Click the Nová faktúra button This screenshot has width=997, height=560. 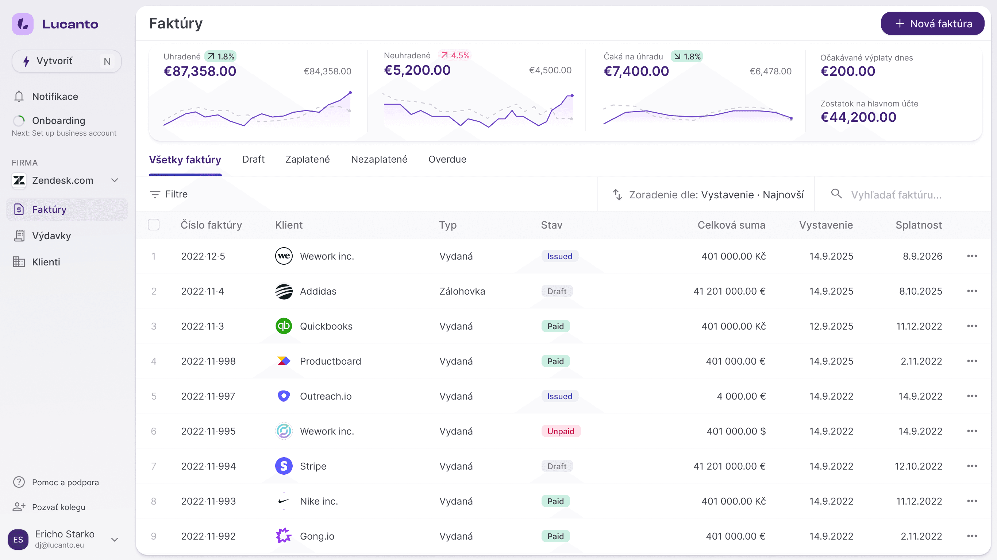click(x=932, y=24)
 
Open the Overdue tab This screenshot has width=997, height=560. click(x=447, y=159)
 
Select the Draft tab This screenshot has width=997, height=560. click(x=253, y=159)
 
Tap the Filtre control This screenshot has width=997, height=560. click(x=169, y=194)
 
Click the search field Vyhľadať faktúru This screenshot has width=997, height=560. click(x=896, y=195)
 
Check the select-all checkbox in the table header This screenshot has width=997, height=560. click(x=154, y=225)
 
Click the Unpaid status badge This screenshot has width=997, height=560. click(x=561, y=431)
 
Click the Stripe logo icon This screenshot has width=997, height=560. click(x=284, y=466)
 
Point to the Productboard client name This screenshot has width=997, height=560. click(x=330, y=361)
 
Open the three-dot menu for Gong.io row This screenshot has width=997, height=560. click(x=972, y=536)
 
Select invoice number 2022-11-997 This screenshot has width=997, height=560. click(x=208, y=396)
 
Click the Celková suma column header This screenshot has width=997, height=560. click(x=731, y=225)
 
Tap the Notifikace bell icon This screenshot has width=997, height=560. click(x=19, y=96)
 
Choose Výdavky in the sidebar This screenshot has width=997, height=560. click(x=51, y=236)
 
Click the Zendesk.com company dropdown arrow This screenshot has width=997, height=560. click(x=115, y=180)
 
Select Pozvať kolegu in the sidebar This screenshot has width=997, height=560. click(x=58, y=507)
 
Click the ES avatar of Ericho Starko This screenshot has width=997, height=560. click(x=18, y=539)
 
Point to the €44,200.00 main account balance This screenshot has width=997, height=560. click(x=858, y=117)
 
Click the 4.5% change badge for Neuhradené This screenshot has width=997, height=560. click(x=455, y=55)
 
